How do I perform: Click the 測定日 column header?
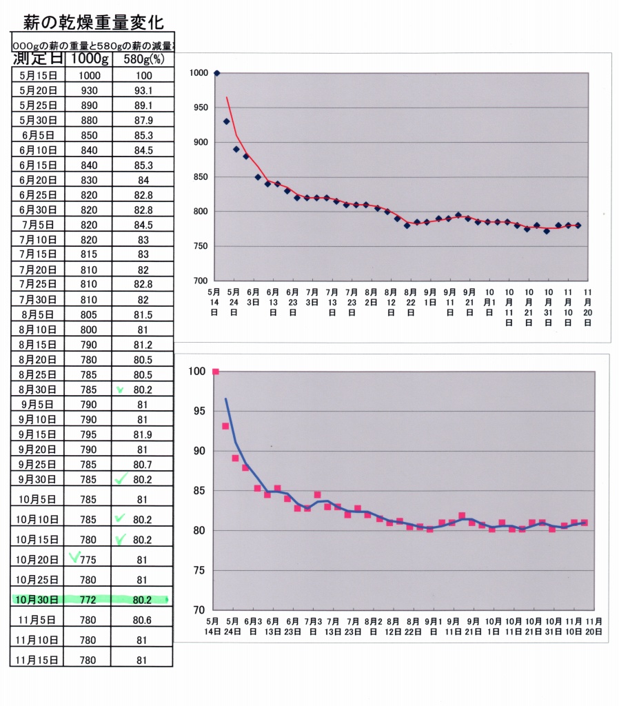tap(38, 59)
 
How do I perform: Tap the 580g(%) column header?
tap(143, 59)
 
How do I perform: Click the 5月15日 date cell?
tap(39, 76)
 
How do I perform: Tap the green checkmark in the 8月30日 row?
tap(120, 390)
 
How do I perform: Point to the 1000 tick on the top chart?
tap(198, 73)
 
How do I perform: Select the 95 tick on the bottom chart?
tap(199, 412)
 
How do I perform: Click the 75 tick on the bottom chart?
tap(199, 571)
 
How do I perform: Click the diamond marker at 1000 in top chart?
tap(216, 73)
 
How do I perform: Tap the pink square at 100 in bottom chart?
tap(215, 372)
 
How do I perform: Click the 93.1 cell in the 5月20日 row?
tap(143, 90)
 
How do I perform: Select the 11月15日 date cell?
tap(39, 660)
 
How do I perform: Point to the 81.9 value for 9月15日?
tap(143, 434)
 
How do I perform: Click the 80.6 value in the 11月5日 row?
tap(143, 621)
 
